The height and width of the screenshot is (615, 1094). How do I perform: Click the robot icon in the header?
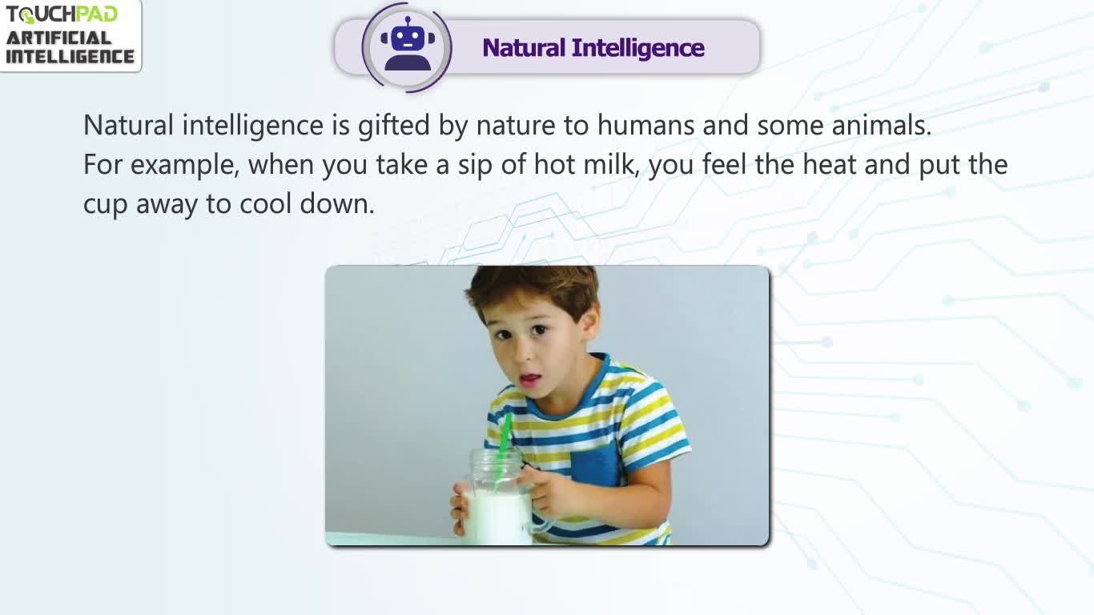(408, 44)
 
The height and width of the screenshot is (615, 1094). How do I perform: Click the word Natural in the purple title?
(523, 48)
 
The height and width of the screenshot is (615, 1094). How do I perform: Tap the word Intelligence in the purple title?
(637, 49)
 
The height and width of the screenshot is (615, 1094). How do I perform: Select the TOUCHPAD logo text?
(62, 14)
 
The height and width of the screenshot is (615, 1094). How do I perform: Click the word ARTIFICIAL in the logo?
(58, 38)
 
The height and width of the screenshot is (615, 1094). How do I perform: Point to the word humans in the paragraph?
(646, 125)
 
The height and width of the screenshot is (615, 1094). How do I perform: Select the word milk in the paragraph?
(611, 164)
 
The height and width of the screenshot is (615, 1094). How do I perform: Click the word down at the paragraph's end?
(336, 203)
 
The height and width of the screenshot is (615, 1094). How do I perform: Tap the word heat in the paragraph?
(829, 164)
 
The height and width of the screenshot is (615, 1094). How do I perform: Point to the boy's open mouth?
(529, 379)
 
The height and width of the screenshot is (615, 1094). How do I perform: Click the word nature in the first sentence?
(515, 126)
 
